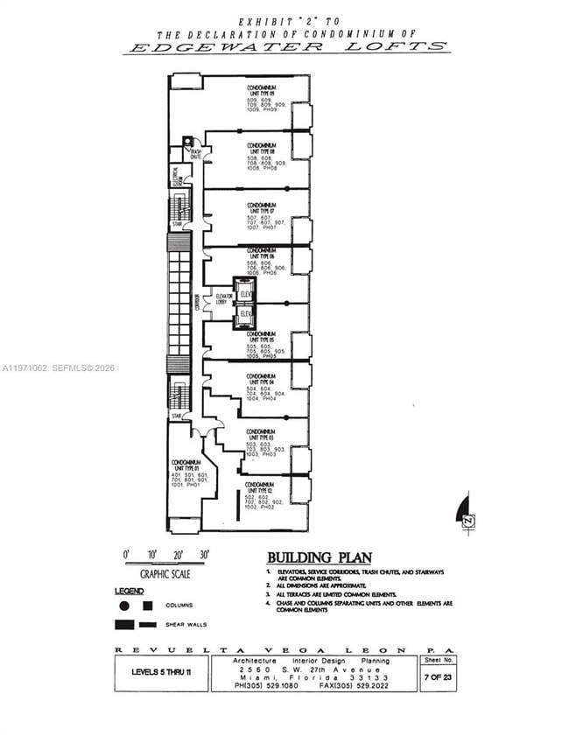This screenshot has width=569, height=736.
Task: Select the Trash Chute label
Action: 196,152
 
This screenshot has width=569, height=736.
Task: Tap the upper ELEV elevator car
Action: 246,295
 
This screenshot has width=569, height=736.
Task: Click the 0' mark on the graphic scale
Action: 126,555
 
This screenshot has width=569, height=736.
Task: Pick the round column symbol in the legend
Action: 124,606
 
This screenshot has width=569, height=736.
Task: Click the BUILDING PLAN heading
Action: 319,557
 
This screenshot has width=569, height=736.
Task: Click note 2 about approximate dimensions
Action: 320,585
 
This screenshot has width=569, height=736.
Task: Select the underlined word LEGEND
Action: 129,591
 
